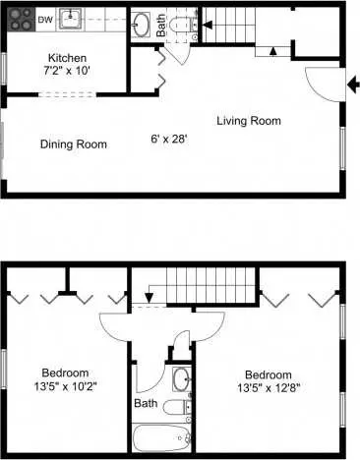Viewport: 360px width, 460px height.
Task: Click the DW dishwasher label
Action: click(x=45, y=20)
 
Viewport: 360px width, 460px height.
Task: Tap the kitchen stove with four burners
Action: click(x=21, y=20)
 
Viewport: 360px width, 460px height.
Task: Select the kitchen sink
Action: click(x=70, y=19)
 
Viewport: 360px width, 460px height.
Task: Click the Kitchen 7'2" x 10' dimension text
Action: click(x=67, y=64)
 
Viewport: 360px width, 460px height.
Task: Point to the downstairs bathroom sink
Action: click(x=142, y=25)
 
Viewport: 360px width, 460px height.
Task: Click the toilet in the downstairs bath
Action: click(x=181, y=25)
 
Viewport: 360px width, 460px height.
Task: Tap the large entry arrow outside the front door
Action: click(x=353, y=86)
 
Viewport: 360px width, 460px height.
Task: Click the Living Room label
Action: click(x=249, y=121)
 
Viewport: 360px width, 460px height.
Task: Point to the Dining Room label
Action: click(x=74, y=144)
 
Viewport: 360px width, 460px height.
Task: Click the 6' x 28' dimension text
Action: click(x=169, y=140)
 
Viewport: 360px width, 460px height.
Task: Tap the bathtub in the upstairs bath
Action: click(x=162, y=438)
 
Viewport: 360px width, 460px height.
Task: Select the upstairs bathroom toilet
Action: click(x=177, y=407)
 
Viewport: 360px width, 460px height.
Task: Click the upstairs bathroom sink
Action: click(x=181, y=379)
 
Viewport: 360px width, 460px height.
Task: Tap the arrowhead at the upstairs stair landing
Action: click(x=150, y=298)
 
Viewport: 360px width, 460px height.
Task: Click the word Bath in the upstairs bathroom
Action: click(x=146, y=403)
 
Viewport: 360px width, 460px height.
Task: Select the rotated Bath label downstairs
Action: click(x=161, y=25)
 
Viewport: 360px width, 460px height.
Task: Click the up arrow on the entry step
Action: click(x=273, y=51)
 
